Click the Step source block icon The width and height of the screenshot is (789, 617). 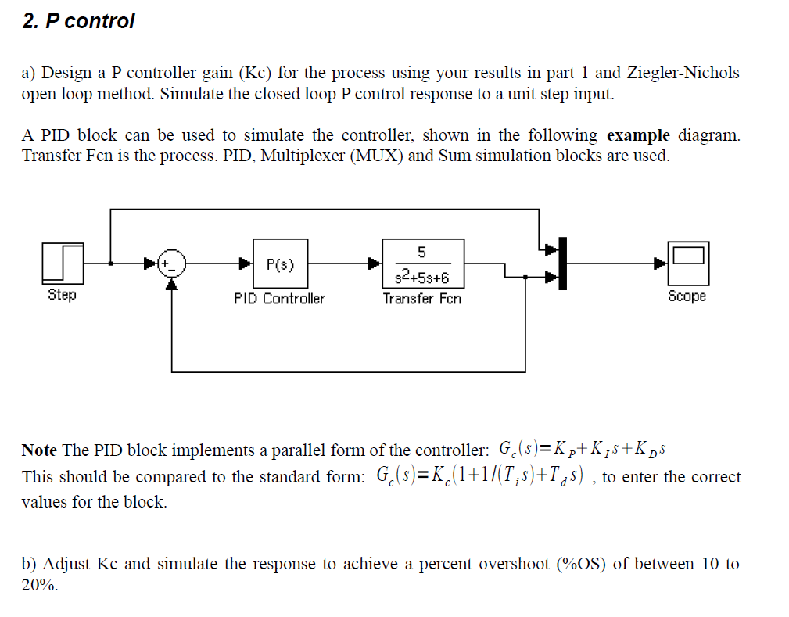(62, 264)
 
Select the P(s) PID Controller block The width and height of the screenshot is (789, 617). (280, 264)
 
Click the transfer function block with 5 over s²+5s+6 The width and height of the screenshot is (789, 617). (422, 264)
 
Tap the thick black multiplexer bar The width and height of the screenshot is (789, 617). (562, 262)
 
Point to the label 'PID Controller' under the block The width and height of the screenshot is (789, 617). (279, 299)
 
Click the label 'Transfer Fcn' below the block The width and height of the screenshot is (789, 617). (422, 299)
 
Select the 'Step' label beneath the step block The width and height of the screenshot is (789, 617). (62, 295)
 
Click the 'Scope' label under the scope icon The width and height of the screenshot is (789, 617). (687, 296)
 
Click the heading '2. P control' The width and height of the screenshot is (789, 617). (78, 21)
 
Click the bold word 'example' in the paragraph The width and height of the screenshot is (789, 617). (639, 135)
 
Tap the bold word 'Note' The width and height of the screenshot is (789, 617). (39, 450)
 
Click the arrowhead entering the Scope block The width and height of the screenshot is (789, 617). (662, 264)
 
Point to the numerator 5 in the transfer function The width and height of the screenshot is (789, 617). (422, 252)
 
